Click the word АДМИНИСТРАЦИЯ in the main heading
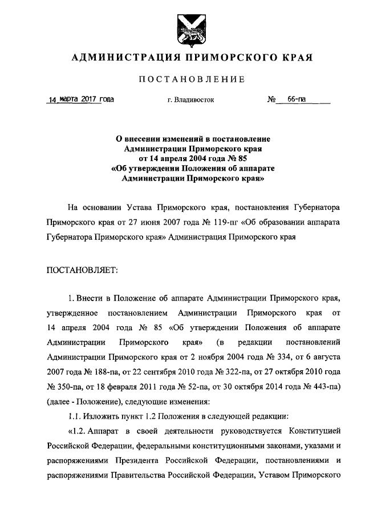121,58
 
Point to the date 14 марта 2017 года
82,99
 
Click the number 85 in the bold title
242,158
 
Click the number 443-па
326,388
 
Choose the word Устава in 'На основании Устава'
142,206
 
